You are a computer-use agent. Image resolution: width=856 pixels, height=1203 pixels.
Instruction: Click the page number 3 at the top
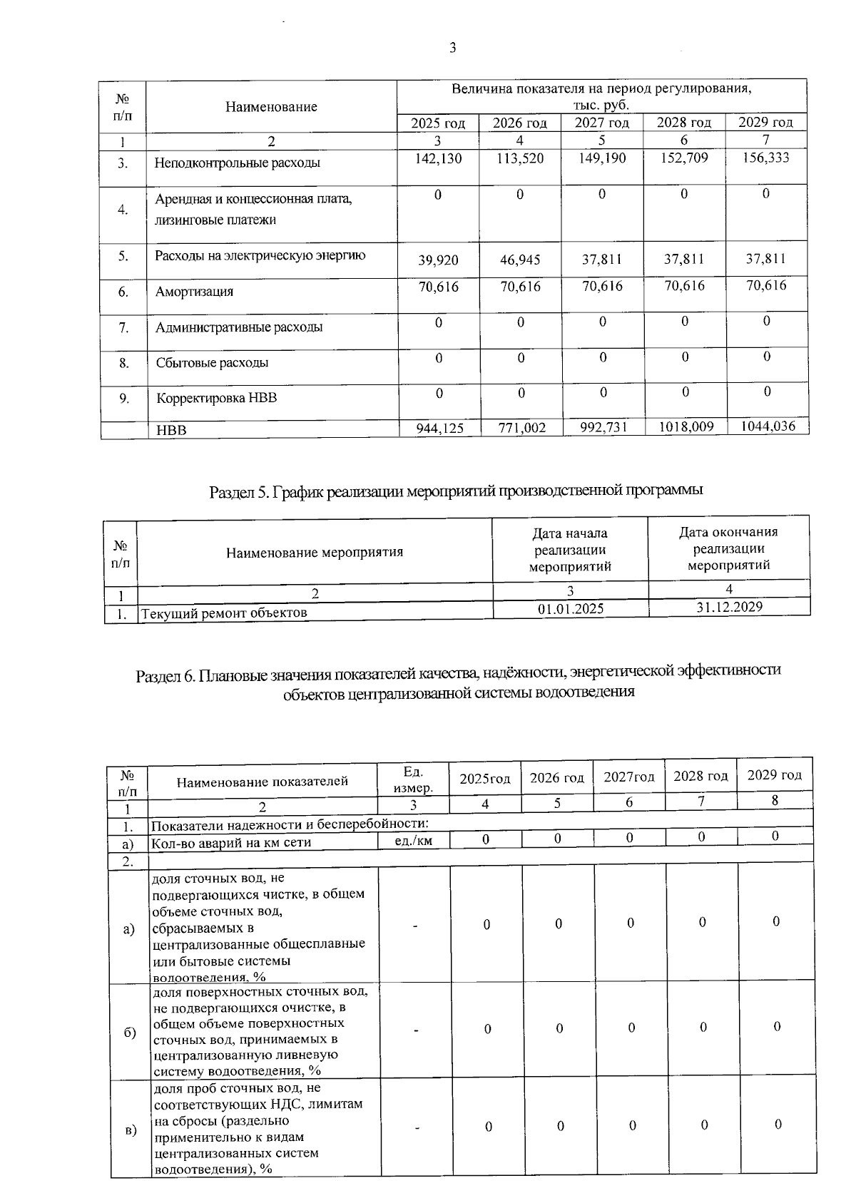452,48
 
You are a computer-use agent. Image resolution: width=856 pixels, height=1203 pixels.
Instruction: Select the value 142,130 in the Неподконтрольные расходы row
438,158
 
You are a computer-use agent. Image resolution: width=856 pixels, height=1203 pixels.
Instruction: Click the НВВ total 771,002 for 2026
521,429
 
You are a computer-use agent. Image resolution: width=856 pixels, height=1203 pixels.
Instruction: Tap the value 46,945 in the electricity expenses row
520,260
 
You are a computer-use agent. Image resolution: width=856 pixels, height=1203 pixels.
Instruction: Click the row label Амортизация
194,292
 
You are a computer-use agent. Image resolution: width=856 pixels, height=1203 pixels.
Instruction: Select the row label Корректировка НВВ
216,398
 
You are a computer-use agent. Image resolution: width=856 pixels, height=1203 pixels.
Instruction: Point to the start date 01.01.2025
570,608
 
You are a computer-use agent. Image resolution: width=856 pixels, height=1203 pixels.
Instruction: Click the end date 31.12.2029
729,607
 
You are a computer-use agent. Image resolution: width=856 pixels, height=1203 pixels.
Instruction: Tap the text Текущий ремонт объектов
225,613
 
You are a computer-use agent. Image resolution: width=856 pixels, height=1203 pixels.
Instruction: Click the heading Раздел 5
456,491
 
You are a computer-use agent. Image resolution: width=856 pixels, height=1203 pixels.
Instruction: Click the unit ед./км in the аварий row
413,841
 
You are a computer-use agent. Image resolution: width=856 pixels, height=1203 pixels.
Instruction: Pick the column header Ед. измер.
413,780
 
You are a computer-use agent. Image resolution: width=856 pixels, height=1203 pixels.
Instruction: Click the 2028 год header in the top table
683,123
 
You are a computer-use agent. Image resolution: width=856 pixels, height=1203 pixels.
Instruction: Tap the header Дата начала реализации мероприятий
570,550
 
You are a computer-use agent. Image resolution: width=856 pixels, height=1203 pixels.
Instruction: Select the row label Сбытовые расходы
212,362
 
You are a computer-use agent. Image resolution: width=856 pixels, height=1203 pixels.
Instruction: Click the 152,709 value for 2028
684,158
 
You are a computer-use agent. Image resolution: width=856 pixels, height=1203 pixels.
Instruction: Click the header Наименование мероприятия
315,552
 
